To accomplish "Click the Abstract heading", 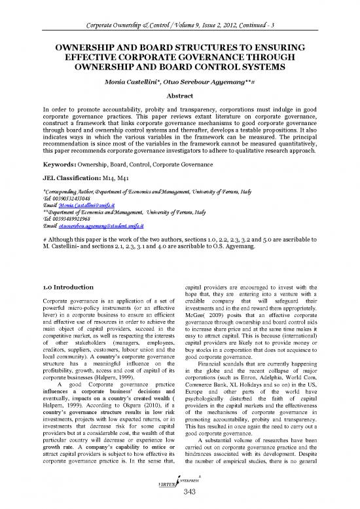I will click(x=179, y=94).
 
